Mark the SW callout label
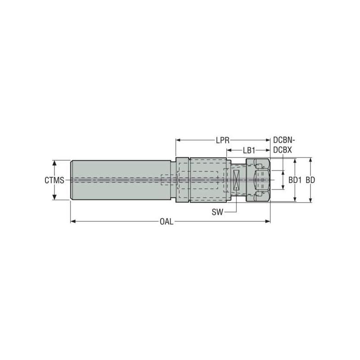coord(217,211)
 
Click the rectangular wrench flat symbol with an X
coord(236,180)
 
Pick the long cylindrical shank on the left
coord(119,180)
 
